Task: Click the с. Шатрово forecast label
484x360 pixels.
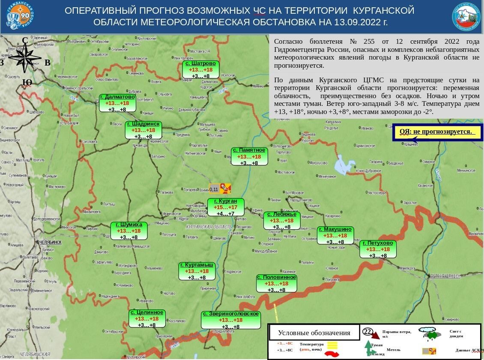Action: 201,69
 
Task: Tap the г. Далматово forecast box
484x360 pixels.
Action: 118,103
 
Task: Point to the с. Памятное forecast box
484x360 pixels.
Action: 249,156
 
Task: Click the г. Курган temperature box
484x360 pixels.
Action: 225,207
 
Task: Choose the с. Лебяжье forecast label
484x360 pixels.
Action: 281,221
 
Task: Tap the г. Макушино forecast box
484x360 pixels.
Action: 335,236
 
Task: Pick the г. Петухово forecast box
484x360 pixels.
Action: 378,249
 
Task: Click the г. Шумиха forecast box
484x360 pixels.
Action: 128,231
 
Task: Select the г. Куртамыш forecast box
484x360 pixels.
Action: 197,271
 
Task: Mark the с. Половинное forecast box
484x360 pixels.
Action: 276,284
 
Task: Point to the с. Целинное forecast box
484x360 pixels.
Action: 147,319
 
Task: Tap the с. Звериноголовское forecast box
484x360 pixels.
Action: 231,320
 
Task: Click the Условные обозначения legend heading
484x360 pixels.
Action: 314,333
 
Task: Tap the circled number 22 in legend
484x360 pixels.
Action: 367,331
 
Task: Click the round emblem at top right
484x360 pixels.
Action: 466,17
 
